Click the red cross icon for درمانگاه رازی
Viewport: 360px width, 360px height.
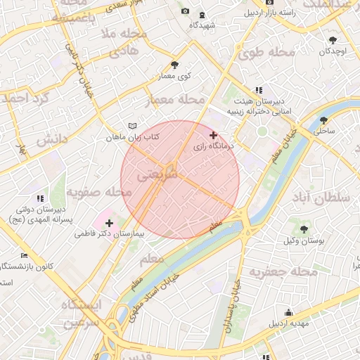coord(214,135)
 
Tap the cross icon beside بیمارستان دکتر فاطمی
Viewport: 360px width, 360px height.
coord(108,222)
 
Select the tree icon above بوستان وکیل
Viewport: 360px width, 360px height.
coord(304,229)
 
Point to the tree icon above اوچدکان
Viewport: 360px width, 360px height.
coord(333,40)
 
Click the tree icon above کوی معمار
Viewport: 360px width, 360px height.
coord(185,65)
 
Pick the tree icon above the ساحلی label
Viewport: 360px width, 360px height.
coord(323,120)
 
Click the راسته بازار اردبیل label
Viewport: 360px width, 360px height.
coord(270,13)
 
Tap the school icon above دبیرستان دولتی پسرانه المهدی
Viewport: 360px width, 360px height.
coord(40,199)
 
